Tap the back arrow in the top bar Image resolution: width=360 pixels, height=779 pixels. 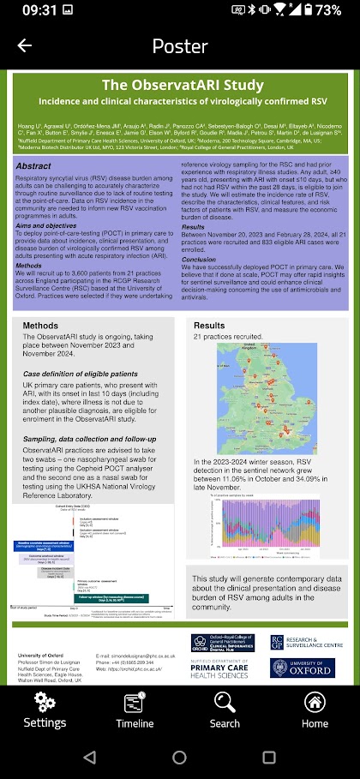tap(24, 46)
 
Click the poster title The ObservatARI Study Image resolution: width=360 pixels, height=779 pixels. tap(180, 85)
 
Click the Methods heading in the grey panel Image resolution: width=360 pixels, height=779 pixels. tap(40, 326)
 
